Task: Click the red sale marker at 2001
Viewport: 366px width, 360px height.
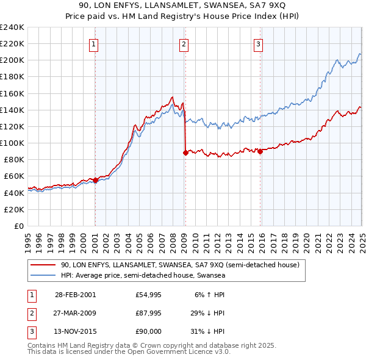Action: tap(96, 180)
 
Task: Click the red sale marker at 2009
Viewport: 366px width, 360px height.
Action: tap(185, 153)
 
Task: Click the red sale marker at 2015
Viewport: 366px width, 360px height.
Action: tap(260, 151)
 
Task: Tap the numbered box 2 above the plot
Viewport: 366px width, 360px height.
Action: tap(184, 43)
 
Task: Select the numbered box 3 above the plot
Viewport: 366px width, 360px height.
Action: tap(258, 43)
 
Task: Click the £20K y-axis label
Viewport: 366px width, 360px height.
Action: tap(14, 209)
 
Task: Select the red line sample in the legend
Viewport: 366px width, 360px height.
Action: tap(43, 265)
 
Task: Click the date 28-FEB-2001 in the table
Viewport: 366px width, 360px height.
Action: tap(75, 295)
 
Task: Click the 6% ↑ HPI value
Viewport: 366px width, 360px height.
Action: tap(210, 295)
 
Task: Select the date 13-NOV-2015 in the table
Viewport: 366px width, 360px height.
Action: tap(76, 333)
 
